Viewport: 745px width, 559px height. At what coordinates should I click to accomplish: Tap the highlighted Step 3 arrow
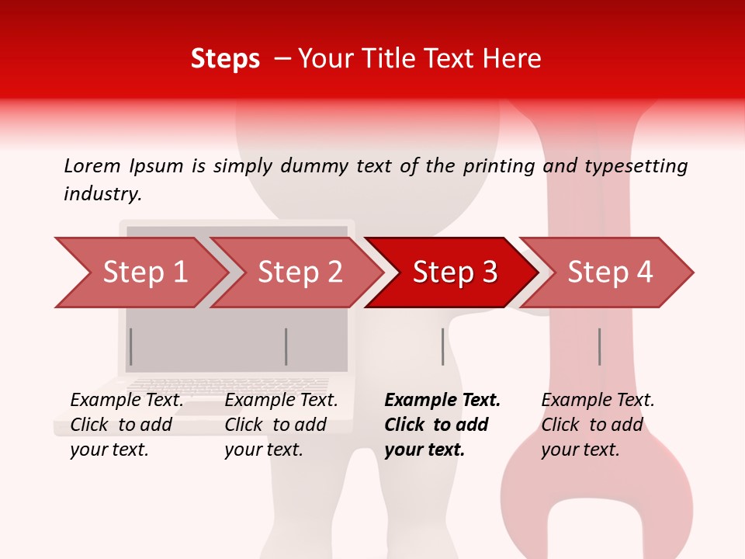click(x=455, y=273)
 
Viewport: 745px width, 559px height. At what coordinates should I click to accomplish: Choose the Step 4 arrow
click(x=610, y=273)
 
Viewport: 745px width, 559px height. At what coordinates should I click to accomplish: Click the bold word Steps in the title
click(x=225, y=58)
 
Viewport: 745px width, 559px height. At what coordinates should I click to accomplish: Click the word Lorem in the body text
click(x=92, y=165)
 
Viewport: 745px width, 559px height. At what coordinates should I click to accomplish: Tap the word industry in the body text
click(x=102, y=194)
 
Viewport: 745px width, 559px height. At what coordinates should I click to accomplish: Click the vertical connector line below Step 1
click(x=131, y=346)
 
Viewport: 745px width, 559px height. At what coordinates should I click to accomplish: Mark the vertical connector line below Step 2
click(x=286, y=346)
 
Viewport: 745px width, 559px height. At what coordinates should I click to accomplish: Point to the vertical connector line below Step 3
click(x=442, y=346)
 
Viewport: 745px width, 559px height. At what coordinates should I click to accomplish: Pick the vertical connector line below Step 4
click(x=599, y=346)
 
